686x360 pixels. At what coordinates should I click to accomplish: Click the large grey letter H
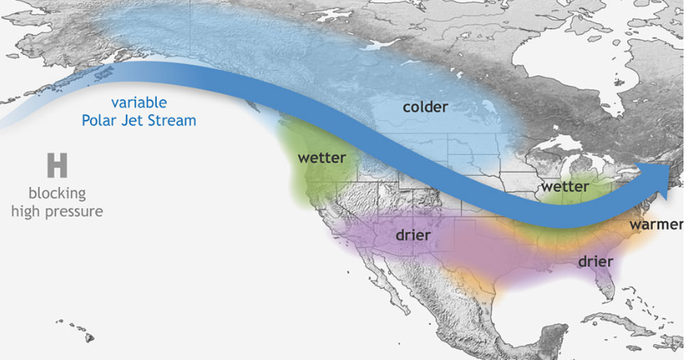56,165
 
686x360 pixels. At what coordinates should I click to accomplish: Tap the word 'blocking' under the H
56,194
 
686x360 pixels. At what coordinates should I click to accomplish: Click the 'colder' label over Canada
425,107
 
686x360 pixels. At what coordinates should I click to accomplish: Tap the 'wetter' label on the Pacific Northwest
321,157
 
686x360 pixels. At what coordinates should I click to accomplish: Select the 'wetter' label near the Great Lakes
565,187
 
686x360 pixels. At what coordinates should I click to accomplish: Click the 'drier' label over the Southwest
412,236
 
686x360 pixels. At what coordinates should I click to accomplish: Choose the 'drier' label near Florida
594,261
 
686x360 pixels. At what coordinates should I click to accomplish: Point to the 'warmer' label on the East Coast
656,225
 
